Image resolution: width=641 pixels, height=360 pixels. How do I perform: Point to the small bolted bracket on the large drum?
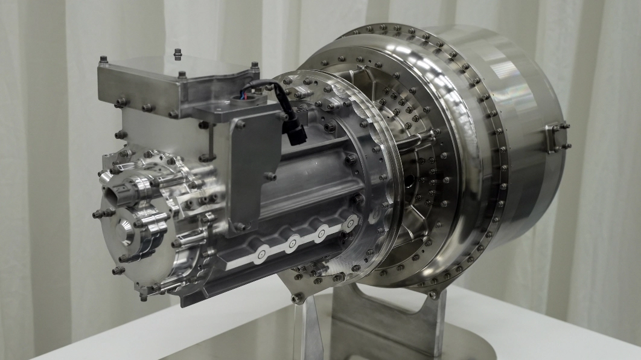[556, 138]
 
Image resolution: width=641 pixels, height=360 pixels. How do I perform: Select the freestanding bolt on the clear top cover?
[177, 54]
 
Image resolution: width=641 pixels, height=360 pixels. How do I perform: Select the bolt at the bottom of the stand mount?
[298, 298]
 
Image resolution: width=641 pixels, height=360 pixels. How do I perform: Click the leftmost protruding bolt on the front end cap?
[96, 214]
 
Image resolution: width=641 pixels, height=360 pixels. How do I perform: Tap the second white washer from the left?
[292, 243]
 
